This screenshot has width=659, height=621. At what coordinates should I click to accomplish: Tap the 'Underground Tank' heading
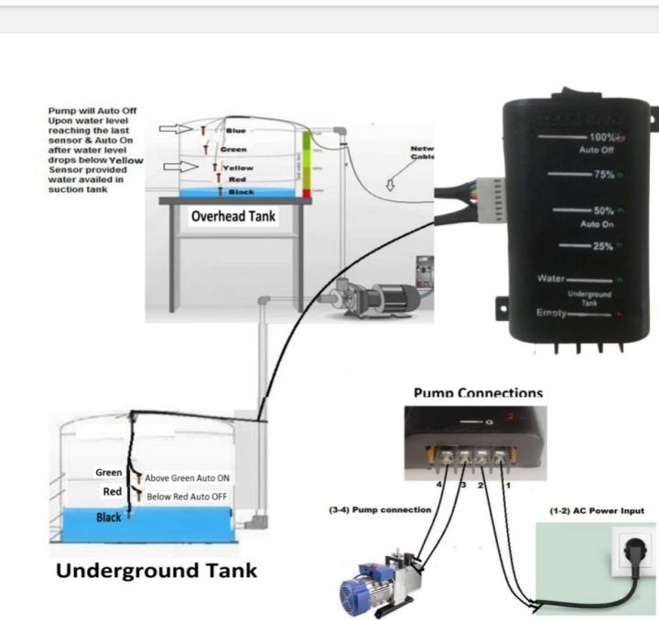[157, 571]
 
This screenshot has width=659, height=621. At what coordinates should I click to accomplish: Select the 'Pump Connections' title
[478, 393]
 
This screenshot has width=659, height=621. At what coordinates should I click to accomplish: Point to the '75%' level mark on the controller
[600, 174]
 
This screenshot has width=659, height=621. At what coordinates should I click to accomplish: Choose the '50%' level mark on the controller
[600, 210]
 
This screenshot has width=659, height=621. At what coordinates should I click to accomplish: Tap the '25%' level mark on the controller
[600, 246]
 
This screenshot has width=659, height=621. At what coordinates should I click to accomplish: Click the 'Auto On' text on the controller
[600, 223]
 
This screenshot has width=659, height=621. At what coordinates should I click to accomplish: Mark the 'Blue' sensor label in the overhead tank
[235, 131]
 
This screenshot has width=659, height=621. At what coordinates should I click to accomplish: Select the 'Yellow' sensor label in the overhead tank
[239, 168]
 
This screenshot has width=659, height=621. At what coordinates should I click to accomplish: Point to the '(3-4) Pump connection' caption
[379, 509]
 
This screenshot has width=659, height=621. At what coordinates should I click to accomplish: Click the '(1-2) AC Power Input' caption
[596, 510]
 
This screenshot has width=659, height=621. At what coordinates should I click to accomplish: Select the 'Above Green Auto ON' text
[187, 478]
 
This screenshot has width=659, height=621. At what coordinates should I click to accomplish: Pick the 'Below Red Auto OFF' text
[187, 497]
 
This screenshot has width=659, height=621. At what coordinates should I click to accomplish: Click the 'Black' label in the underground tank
[109, 518]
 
